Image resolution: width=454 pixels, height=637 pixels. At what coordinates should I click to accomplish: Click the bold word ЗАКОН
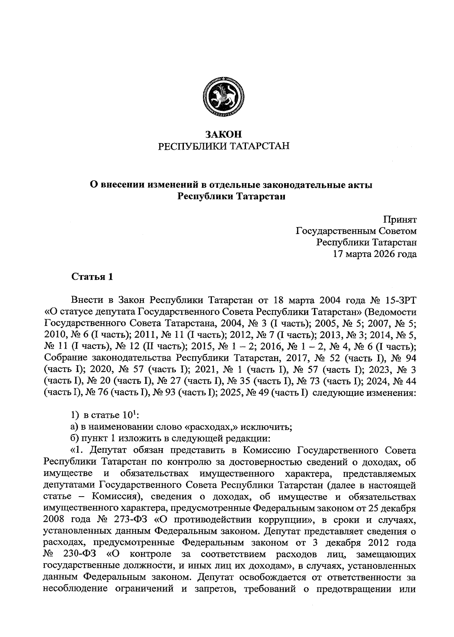[x=223, y=134]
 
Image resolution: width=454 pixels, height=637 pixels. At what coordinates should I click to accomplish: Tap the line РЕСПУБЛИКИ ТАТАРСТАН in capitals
[x=223, y=146]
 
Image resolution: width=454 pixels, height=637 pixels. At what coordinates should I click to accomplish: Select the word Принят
[x=400, y=220]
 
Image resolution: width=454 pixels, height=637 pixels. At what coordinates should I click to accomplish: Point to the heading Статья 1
[x=92, y=277]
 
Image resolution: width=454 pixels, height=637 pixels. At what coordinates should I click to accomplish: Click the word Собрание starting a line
[x=64, y=358]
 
